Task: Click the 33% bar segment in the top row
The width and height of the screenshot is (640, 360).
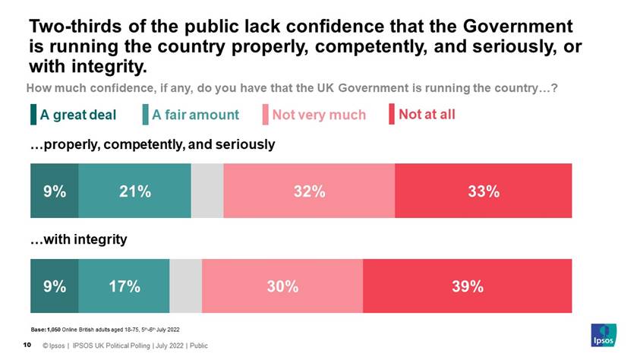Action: point(483,191)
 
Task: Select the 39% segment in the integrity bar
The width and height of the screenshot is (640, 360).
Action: point(467,286)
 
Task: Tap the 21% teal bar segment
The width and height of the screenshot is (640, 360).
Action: point(134,191)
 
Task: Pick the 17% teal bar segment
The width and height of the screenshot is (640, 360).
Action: point(124,286)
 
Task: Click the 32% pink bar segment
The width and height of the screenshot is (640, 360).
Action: point(309,191)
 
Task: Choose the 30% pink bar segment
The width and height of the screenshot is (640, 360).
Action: point(282,286)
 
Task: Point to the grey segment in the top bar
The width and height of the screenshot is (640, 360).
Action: point(207,191)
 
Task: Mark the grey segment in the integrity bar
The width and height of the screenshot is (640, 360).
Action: point(185,286)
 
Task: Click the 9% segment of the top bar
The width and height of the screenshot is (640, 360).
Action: point(54,191)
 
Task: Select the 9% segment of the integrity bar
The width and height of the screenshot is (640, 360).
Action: point(54,286)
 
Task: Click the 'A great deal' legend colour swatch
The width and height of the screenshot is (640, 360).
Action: point(33,115)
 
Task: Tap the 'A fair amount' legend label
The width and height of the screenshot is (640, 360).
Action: point(195,115)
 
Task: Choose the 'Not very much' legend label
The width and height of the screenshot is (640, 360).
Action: point(319,115)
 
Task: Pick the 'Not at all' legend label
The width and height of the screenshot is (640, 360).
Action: point(427,115)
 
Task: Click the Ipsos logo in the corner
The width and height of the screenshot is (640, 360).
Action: point(604,334)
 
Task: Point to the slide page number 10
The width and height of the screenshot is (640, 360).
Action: point(27,346)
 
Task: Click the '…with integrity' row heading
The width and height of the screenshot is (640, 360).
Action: point(78,239)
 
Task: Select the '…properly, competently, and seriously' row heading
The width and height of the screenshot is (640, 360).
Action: point(152,144)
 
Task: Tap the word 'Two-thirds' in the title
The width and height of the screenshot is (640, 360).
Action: point(68,26)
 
